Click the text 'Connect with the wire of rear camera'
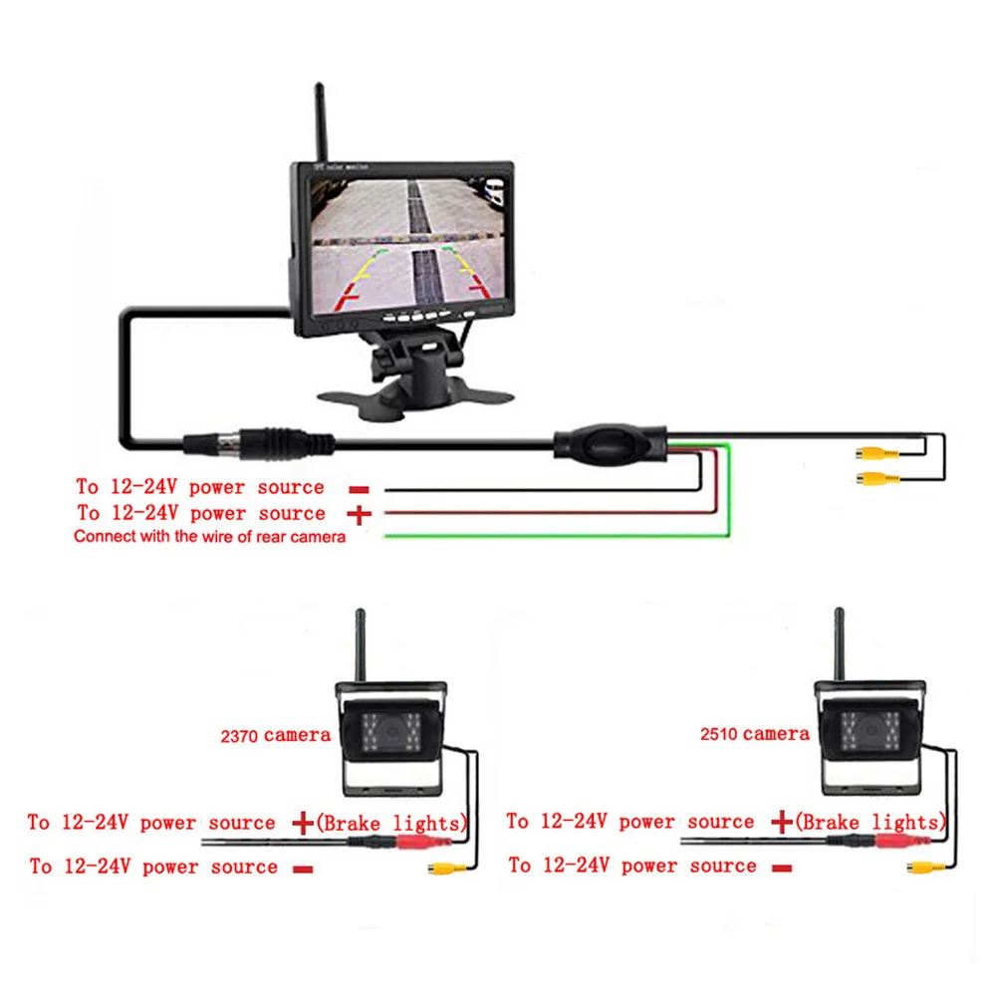[209, 537]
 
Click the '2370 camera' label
[275, 736]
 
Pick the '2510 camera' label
[754, 734]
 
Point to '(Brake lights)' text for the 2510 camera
[871, 823]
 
